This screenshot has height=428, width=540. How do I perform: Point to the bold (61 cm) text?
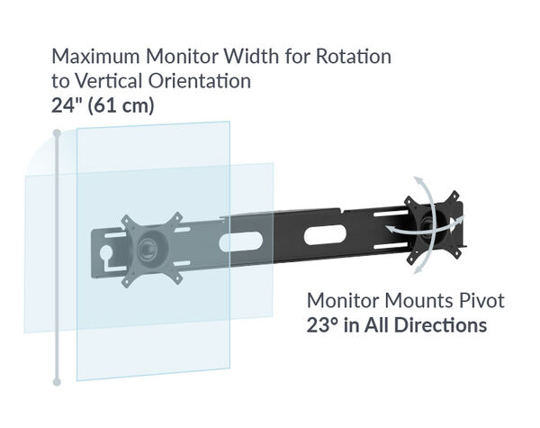(x=122, y=105)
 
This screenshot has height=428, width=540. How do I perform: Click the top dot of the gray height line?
(x=57, y=134)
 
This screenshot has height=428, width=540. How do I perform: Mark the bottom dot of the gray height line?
(x=57, y=382)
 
